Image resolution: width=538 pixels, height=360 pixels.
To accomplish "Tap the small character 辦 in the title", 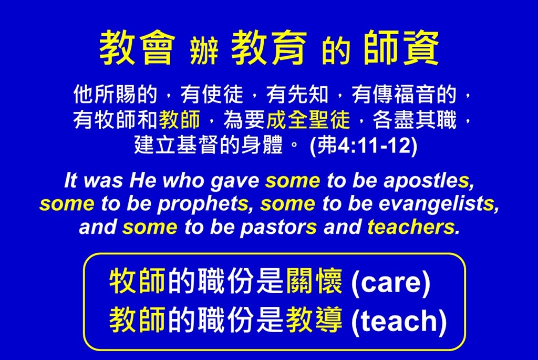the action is click(204, 51).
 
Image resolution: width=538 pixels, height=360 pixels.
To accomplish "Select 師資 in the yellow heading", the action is click(401, 47).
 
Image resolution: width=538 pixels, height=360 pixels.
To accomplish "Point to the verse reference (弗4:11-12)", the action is click(364, 146).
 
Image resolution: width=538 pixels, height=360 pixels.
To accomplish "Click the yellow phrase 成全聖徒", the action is click(308, 120).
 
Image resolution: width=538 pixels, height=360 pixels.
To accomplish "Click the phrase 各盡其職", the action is click(415, 120).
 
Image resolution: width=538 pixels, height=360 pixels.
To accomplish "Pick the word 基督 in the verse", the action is click(198, 145).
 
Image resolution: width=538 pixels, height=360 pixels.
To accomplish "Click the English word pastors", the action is click(278, 227).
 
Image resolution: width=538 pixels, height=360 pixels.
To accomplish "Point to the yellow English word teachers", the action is click(411, 227).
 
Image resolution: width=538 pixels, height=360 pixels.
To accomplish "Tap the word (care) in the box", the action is click(391, 283).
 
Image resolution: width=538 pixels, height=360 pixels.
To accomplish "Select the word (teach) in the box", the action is click(399, 321).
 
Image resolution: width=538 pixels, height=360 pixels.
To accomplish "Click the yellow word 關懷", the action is click(314, 281).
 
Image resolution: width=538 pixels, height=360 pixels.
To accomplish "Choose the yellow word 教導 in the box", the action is click(314, 320).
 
